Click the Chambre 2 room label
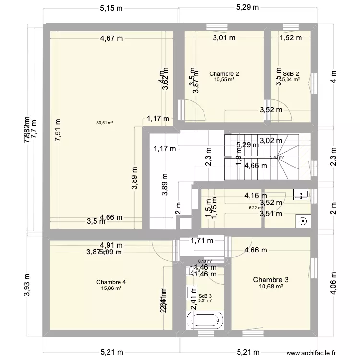(224, 73)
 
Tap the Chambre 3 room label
(271, 279)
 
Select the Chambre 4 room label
(111, 282)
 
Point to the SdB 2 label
(290, 73)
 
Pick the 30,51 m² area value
(105, 123)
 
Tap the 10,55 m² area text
(224, 80)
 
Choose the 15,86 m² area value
(111, 288)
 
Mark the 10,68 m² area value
(271, 287)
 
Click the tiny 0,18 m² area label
(205, 262)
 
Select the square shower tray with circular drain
(303, 221)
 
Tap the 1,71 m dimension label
(202, 240)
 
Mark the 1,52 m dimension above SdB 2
(290, 38)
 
